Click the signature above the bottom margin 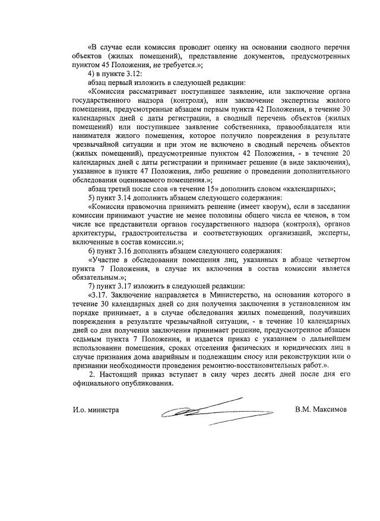point(202,411)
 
